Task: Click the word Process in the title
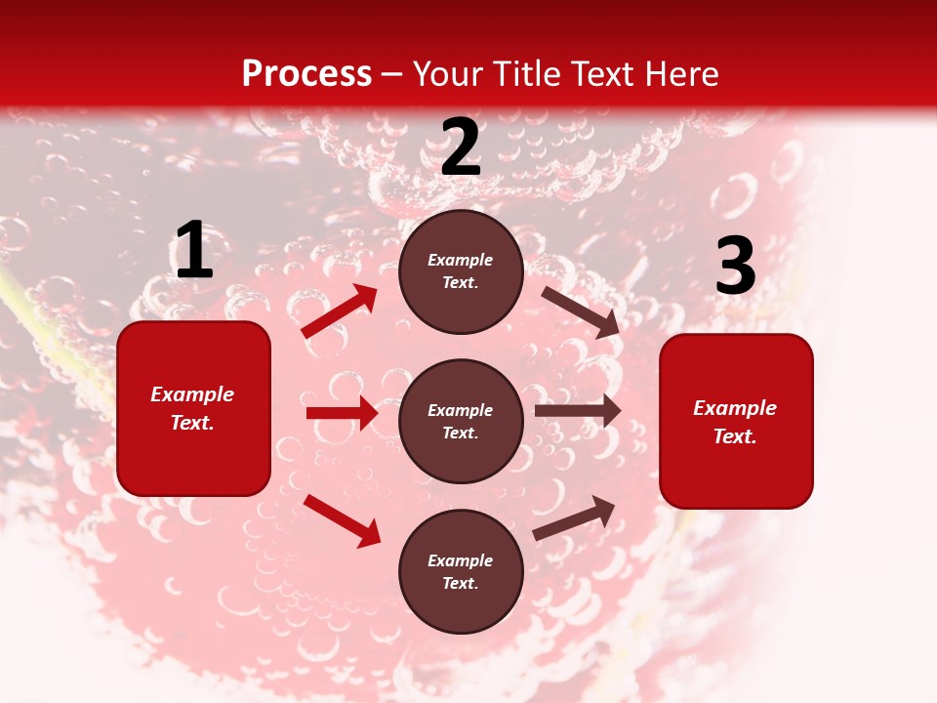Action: click(306, 74)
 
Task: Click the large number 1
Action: click(194, 251)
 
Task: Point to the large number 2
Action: click(461, 148)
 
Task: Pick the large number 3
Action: click(735, 267)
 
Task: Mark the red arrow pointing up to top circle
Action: click(340, 311)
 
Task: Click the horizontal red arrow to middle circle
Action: click(342, 413)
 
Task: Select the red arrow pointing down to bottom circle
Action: click(342, 519)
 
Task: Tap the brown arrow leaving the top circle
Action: click(581, 311)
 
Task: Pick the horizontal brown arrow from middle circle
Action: click(578, 411)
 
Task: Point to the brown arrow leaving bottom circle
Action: click(574, 518)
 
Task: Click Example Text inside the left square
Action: click(192, 408)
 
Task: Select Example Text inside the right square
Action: click(735, 422)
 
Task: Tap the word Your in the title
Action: click(449, 74)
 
